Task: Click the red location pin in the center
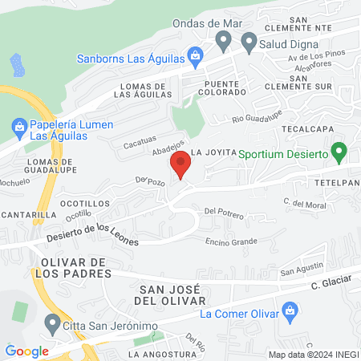(180, 166)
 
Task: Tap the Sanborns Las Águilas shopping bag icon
(195, 56)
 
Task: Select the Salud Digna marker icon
(249, 40)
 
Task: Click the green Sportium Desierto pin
(339, 151)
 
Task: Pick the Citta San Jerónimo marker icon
(54, 324)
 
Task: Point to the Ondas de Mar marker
(221, 41)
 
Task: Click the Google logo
(26, 351)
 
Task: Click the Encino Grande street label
(231, 241)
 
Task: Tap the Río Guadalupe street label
(258, 120)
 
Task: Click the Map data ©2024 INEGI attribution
(312, 355)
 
